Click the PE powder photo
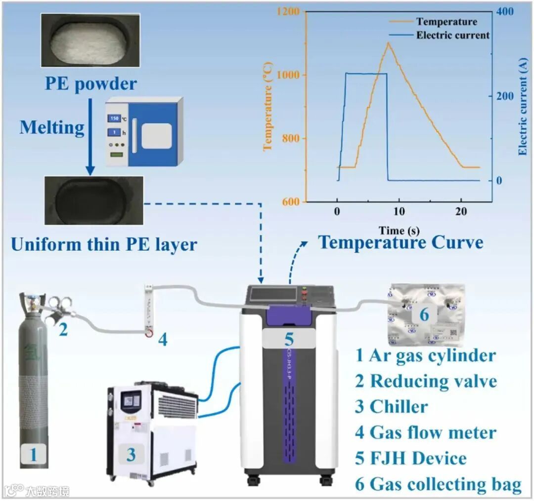(x=90, y=40)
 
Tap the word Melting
(x=52, y=127)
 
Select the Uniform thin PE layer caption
(x=104, y=244)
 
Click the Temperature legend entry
(x=446, y=22)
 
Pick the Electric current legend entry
(x=452, y=35)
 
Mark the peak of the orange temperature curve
(x=388, y=43)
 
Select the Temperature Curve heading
(x=400, y=243)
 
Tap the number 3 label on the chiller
(x=131, y=455)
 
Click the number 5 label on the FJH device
(x=289, y=339)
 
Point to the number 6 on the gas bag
(x=425, y=313)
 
